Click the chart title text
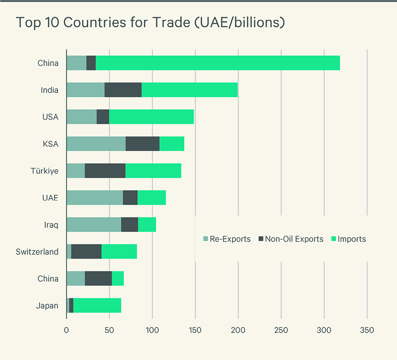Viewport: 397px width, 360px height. [x=150, y=23]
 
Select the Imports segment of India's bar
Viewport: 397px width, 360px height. [x=190, y=90]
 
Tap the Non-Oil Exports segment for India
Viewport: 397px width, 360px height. [x=123, y=90]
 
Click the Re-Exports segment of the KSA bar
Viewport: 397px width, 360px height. [x=96, y=144]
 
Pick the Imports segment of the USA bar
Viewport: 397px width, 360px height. [x=151, y=117]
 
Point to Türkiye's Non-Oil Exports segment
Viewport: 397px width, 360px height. [x=105, y=171]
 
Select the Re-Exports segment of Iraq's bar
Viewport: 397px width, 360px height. [x=94, y=224]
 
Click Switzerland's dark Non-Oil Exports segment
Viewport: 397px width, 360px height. [x=86, y=251]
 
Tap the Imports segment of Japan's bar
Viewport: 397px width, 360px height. [x=97, y=305]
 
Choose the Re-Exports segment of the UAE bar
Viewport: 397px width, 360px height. [x=94, y=197]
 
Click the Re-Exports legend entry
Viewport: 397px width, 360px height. [x=227, y=239]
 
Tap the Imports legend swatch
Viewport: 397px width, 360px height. [x=334, y=239]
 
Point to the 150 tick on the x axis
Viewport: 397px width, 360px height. [x=195, y=330]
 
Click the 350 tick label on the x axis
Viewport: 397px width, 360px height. [x=367, y=330]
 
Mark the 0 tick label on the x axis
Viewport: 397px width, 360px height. [x=66, y=330]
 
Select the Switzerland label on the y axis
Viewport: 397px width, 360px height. [x=37, y=252]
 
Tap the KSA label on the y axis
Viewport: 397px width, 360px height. [x=50, y=144]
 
